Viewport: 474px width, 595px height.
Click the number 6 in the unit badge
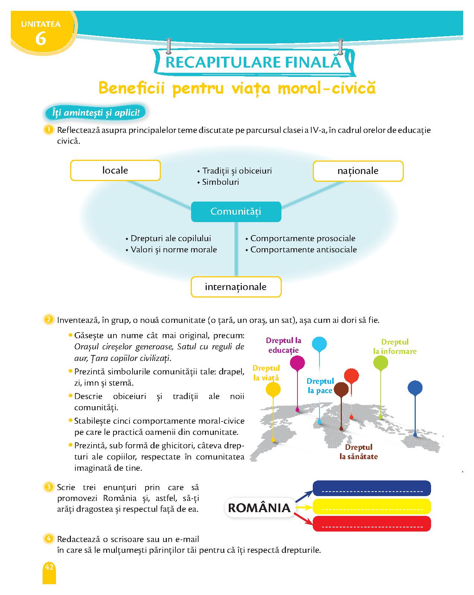[41, 38]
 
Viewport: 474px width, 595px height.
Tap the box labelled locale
[115, 170]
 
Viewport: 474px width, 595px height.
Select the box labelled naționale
[358, 171]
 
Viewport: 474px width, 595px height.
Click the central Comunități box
[236, 212]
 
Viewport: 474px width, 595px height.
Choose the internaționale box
[236, 287]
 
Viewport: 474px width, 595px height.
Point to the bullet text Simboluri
[221, 182]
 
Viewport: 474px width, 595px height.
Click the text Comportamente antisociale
[303, 249]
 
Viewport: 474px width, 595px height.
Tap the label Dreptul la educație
[283, 345]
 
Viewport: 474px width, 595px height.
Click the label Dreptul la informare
[395, 346]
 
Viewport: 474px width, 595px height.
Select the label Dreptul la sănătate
[359, 452]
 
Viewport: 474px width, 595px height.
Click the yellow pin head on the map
[273, 389]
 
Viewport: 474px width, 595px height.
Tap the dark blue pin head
[415, 387]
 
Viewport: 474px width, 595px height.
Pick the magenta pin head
[297, 362]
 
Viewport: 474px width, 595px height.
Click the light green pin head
[381, 362]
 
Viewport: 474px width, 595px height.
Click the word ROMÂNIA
[259, 508]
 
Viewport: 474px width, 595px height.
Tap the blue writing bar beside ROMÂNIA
[372, 489]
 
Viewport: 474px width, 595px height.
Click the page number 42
[49, 567]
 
